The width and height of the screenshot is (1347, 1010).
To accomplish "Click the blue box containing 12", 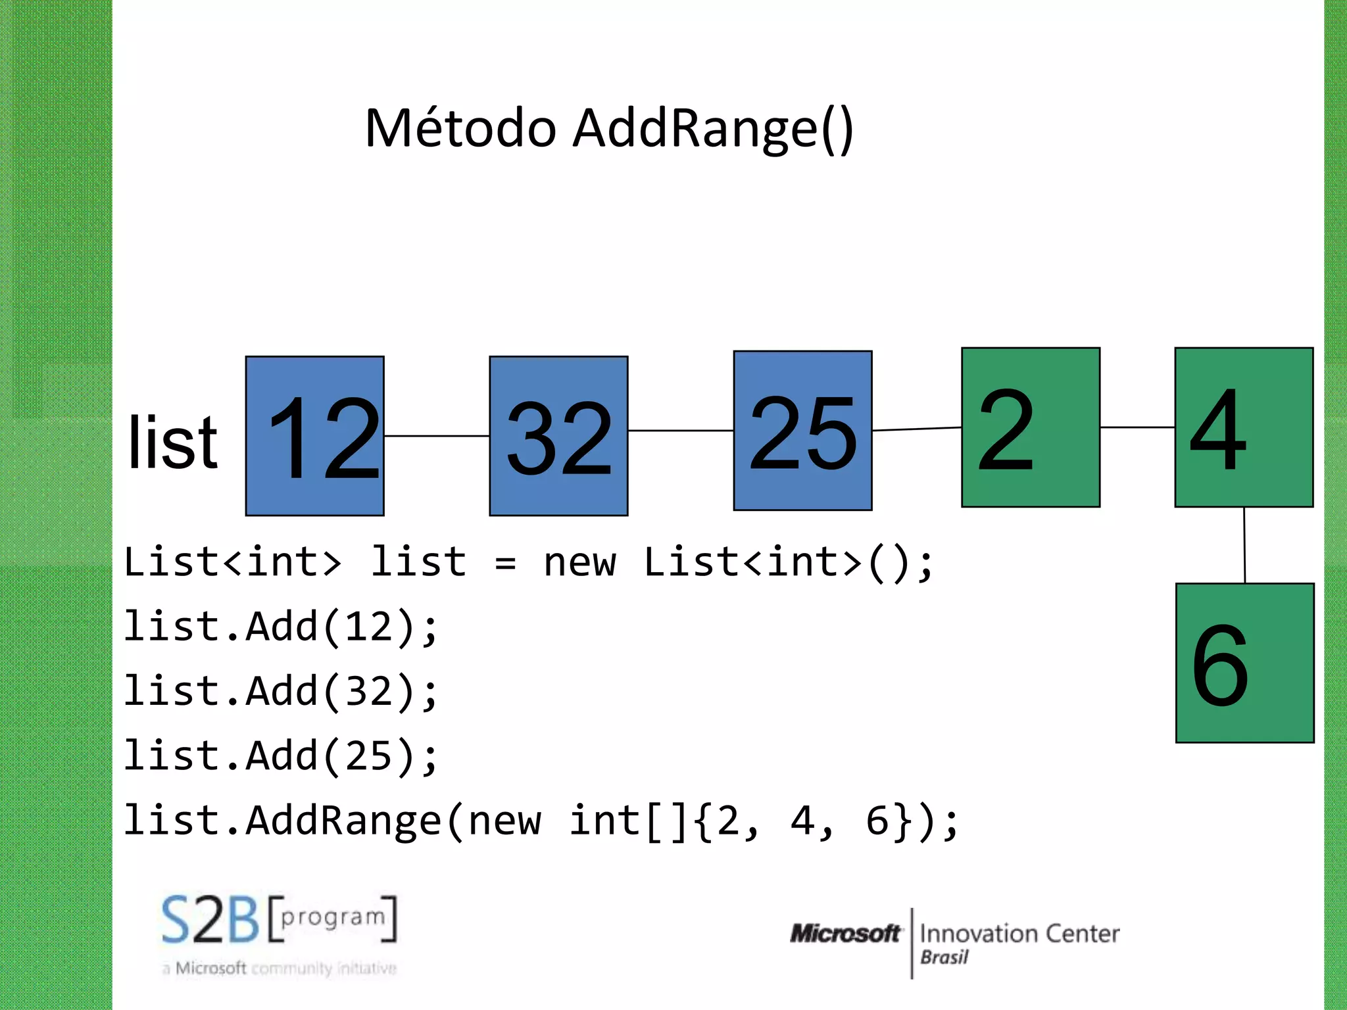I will click(314, 436).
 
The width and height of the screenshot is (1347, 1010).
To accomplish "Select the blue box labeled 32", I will click(558, 436).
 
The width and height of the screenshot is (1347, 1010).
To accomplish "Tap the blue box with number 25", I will click(802, 431).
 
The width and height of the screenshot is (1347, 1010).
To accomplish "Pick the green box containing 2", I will click(1030, 427).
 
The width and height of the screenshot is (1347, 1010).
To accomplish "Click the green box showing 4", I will click(1244, 427).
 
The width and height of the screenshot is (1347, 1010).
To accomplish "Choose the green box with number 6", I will click(1244, 663).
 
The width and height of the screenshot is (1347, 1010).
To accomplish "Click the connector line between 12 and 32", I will click(437, 436).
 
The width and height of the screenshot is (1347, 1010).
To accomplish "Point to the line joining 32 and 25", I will click(681, 431).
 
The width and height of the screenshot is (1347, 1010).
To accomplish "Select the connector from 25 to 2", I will click(917, 429).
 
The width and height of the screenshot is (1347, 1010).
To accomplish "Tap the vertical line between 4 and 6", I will click(1244, 545).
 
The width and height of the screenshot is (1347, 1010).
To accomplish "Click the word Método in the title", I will click(460, 128).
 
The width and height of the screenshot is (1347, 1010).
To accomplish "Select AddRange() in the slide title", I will click(713, 128).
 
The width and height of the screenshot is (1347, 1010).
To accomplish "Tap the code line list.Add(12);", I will click(281, 627).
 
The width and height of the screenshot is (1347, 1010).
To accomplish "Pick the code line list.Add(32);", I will click(281, 691).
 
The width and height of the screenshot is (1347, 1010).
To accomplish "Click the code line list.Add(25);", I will click(281, 756).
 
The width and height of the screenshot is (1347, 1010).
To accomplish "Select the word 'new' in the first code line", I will click(579, 563).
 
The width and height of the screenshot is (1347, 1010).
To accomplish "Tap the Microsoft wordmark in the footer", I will click(845, 933).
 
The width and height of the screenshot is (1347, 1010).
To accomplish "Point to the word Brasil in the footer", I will click(944, 957).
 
